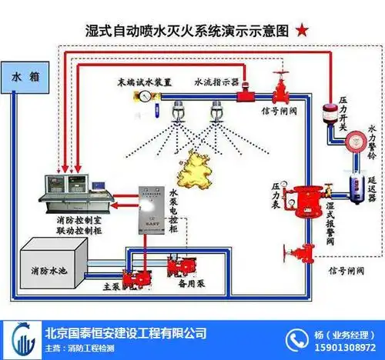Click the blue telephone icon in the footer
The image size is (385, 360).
click(x=297, y=339)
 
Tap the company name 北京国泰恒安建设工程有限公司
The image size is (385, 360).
click(x=126, y=333)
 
